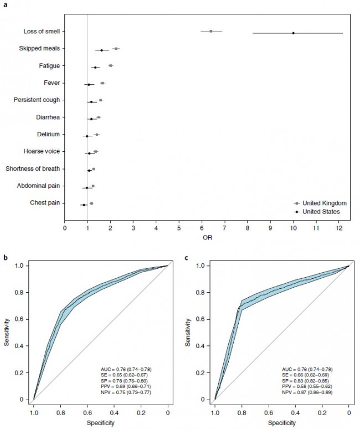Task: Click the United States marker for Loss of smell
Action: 294,33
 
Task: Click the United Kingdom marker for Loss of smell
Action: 211,31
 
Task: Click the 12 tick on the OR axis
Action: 339,227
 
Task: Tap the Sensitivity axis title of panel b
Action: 7,332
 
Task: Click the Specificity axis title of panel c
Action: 281,423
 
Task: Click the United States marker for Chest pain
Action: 84,205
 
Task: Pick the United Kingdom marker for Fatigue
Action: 111,65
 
